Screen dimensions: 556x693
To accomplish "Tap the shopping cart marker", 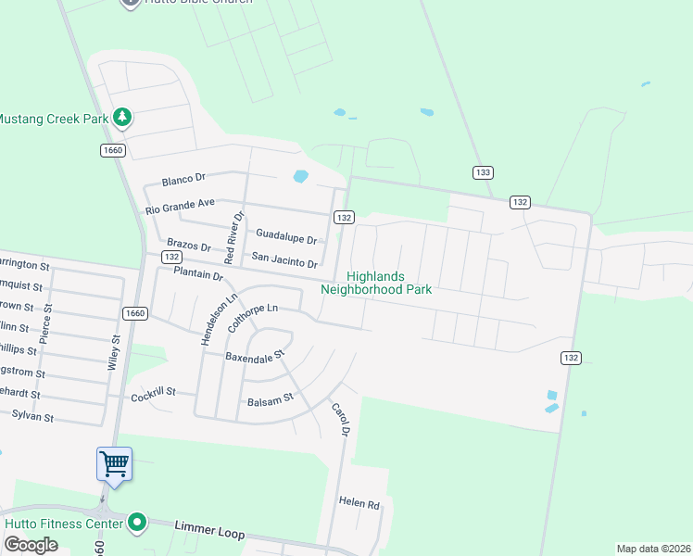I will pyautogui.click(x=114, y=462).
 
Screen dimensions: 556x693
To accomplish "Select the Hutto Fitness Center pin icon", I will pyautogui.click(x=138, y=524).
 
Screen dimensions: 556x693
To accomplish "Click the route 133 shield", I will pyautogui.click(x=482, y=173).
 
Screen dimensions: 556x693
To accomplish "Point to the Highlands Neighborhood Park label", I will pyautogui.click(x=376, y=283).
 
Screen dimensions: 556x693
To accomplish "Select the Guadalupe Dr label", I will pyautogui.click(x=286, y=236).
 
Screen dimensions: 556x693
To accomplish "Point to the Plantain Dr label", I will pyautogui.click(x=198, y=274).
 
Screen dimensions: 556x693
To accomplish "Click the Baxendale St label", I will pyautogui.click(x=255, y=355).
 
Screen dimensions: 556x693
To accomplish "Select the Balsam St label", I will pyautogui.click(x=270, y=400).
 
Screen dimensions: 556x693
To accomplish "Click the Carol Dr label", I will pyautogui.click(x=340, y=419).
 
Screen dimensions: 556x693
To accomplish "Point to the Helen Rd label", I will pyautogui.click(x=359, y=504).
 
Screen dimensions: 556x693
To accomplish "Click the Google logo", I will pyautogui.click(x=31, y=545).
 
